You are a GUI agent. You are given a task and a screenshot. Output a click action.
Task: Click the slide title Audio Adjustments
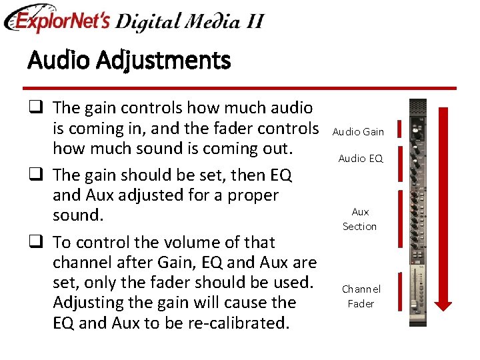pos(129,61)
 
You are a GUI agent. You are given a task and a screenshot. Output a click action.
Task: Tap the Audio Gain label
pos(358,132)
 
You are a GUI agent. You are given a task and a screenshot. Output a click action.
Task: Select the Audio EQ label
pos(361,159)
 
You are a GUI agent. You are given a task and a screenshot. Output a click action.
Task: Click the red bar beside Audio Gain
pos(399,129)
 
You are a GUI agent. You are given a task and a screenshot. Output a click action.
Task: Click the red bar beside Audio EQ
pos(399,163)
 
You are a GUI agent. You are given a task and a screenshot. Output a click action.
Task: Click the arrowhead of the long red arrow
pos(446,303)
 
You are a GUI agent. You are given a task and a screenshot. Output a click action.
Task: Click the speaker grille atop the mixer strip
pos(417,107)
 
